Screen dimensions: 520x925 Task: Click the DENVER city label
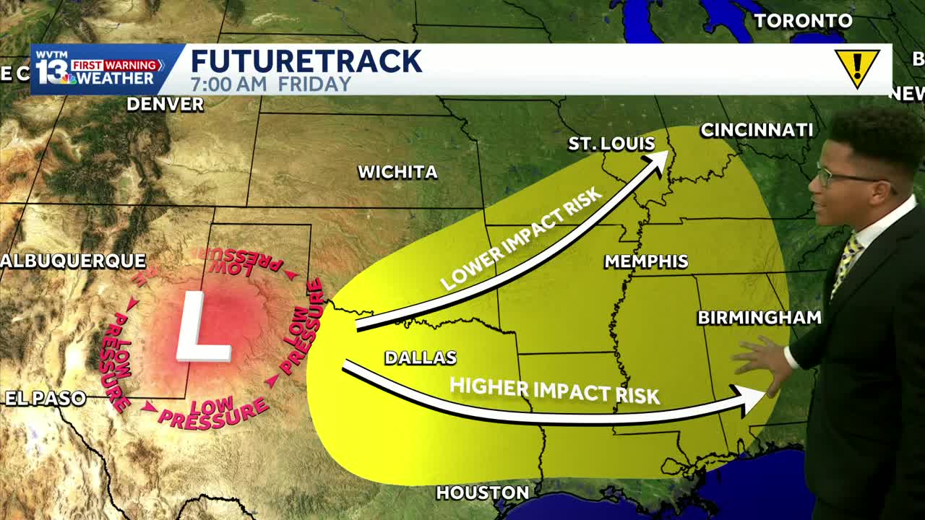(x=165, y=104)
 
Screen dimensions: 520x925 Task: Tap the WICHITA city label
(x=397, y=172)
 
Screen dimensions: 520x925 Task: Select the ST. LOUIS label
(x=611, y=144)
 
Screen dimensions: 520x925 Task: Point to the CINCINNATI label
(x=757, y=130)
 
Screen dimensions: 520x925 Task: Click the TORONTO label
(x=803, y=21)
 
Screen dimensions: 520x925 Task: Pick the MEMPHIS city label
(x=646, y=261)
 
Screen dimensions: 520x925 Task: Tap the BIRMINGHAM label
(x=759, y=318)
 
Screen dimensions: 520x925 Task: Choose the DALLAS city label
(x=421, y=357)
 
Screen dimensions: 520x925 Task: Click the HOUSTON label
(x=482, y=493)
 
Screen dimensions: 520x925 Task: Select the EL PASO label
(x=45, y=398)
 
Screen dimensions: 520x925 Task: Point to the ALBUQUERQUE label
(x=73, y=261)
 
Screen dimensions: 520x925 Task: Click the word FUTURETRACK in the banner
(x=306, y=61)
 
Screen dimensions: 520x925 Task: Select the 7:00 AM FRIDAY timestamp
(x=271, y=84)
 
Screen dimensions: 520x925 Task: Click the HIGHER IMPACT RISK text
(x=554, y=390)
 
